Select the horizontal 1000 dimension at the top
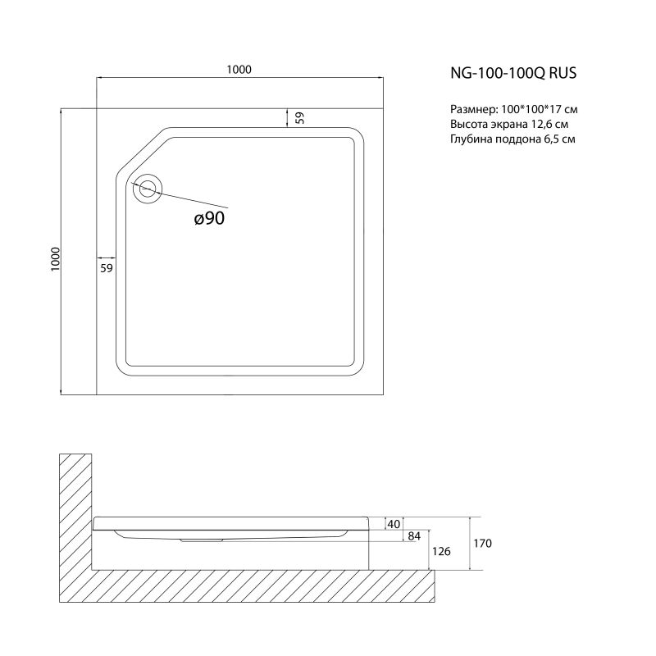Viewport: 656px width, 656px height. pyautogui.click(x=239, y=71)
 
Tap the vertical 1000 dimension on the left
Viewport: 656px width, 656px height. pyautogui.click(x=55, y=258)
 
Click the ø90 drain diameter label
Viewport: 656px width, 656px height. pyautogui.click(x=209, y=217)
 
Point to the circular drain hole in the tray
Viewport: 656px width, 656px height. pyautogui.click(x=148, y=188)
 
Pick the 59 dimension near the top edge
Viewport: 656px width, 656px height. pyautogui.click(x=299, y=117)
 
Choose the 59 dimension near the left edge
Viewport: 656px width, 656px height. pyautogui.click(x=106, y=268)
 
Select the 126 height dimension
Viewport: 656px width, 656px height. pyautogui.click(x=441, y=551)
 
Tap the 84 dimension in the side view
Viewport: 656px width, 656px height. pyautogui.click(x=414, y=536)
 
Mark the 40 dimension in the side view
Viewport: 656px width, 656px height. pyautogui.click(x=394, y=523)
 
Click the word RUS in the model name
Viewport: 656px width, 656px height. pyautogui.click(x=565, y=73)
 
